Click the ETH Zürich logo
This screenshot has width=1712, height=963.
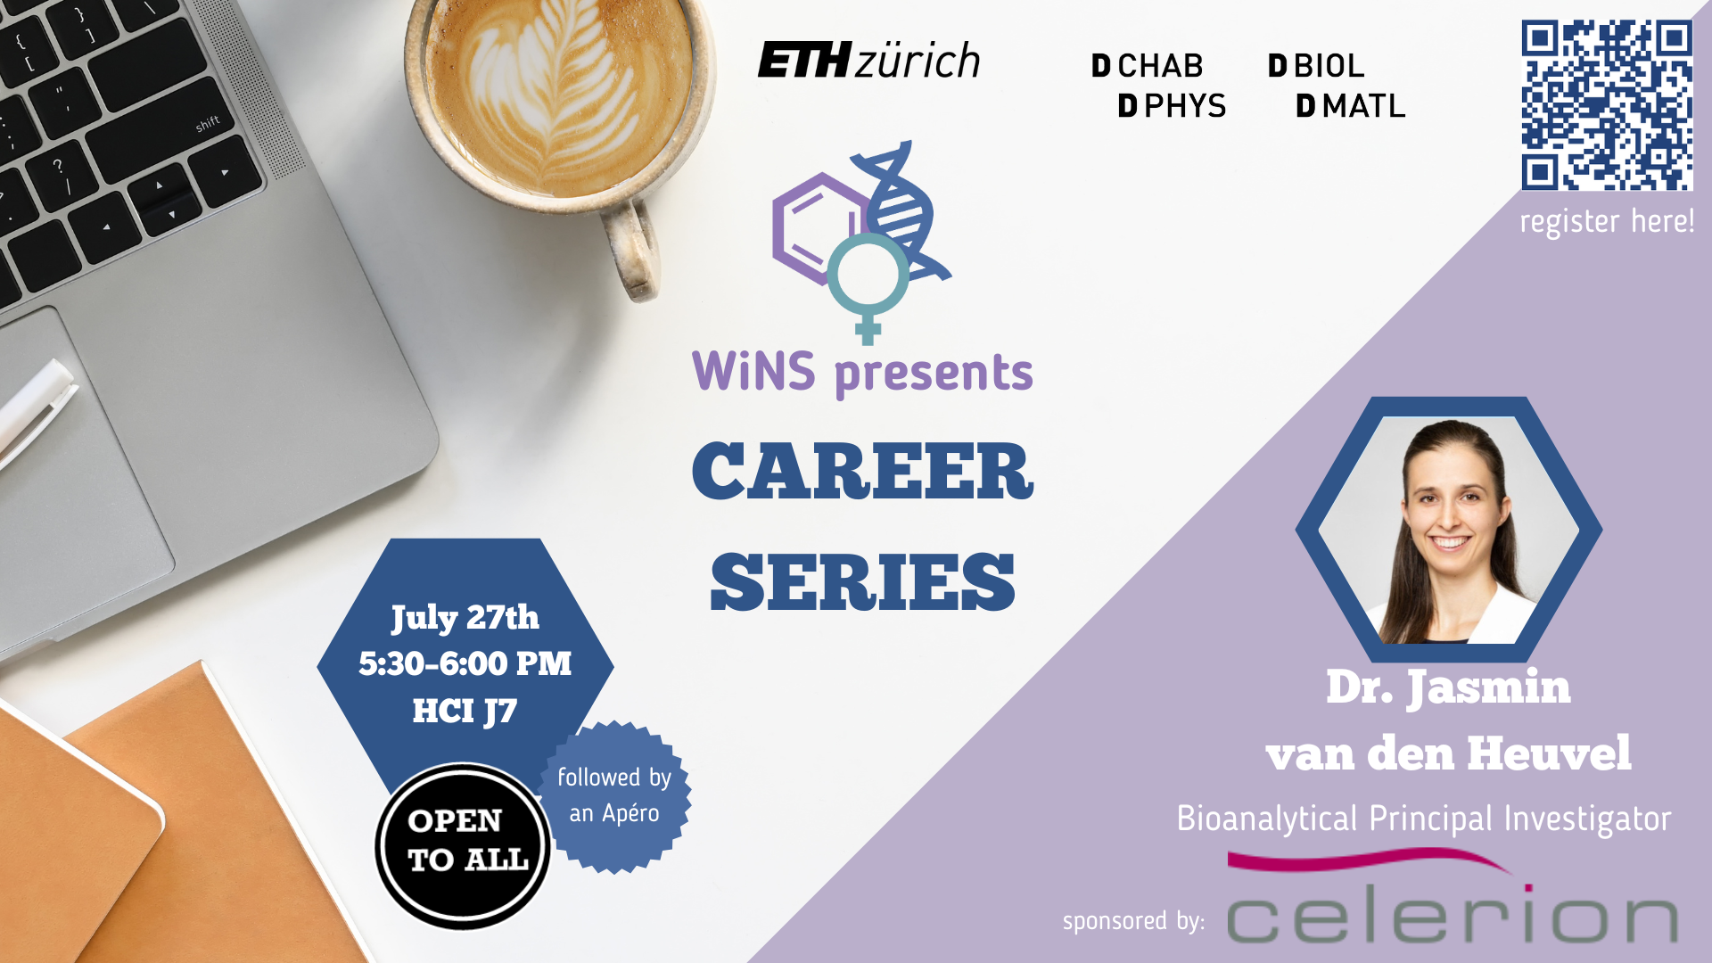coord(868,61)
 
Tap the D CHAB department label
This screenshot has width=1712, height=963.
coord(1148,66)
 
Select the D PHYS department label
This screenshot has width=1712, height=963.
coord(1172,106)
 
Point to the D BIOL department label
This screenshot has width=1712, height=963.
coord(1316,66)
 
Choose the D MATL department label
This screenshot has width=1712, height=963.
coord(1350,106)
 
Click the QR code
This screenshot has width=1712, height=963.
coord(1607,105)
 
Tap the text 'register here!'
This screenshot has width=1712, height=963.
coord(1607,221)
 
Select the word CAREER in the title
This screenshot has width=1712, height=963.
coord(862,471)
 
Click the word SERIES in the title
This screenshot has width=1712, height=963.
coord(862,582)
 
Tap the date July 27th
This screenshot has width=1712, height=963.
coord(465,618)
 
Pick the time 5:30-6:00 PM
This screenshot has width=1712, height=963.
coord(465,663)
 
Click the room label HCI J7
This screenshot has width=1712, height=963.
coord(465,712)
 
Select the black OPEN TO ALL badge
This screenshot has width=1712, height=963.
coord(463,846)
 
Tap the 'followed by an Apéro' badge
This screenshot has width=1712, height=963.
coord(614,796)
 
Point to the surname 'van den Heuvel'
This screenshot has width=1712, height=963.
coord(1448,753)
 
